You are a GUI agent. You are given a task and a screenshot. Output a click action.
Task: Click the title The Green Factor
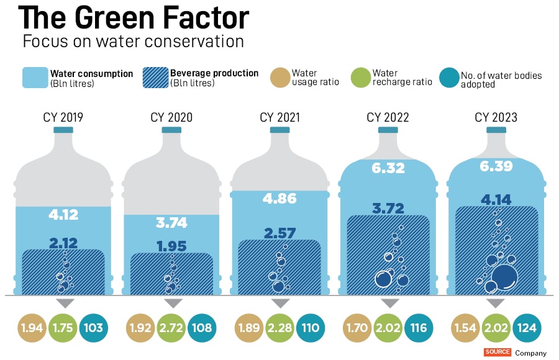134,19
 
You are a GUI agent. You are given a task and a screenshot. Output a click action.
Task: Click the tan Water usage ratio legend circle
281,78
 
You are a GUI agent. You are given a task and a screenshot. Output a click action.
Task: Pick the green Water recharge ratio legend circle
361,78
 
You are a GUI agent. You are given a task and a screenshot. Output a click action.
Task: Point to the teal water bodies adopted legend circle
448,78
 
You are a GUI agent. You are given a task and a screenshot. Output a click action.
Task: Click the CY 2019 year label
63,117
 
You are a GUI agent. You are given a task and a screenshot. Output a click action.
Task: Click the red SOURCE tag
498,353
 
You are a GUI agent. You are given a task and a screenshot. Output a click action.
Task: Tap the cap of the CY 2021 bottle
281,130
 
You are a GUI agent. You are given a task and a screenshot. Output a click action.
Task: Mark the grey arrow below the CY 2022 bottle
389,303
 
